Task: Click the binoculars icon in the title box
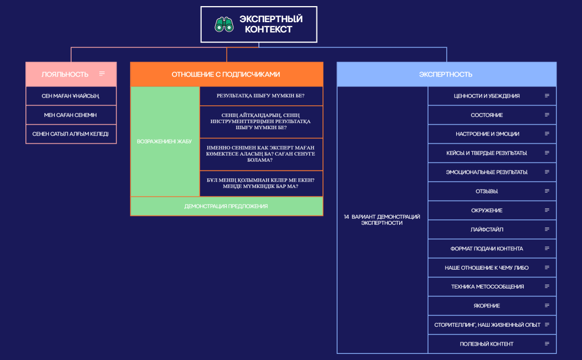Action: tap(224, 24)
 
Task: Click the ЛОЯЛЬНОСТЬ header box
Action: tap(71, 74)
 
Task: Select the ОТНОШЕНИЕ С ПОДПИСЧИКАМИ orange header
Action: tap(226, 74)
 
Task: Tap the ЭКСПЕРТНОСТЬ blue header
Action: tap(447, 74)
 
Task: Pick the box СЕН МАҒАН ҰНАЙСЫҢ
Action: tap(71, 96)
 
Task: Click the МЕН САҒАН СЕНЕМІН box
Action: tap(71, 115)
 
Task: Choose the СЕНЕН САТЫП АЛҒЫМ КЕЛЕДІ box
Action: tap(71, 134)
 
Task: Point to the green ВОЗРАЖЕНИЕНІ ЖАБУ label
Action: tap(165, 141)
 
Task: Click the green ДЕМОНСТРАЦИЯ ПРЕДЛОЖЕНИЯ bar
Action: tap(226, 206)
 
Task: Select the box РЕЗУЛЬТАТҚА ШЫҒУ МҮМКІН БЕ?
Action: tap(261, 96)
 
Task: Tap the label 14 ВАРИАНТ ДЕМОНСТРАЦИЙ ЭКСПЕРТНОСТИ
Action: tap(382, 219)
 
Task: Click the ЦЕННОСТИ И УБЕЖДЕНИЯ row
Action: tap(492, 96)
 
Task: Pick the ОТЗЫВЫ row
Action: tap(492, 191)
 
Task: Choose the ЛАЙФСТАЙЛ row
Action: tap(492, 229)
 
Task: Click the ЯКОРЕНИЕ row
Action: tap(492, 306)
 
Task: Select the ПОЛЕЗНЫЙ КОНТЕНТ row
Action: tap(492, 344)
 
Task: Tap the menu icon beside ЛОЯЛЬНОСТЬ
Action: tap(102, 74)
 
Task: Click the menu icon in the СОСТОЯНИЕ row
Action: tap(547, 115)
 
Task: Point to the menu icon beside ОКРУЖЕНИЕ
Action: tap(547, 210)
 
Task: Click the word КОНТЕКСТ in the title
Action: tap(268, 30)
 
